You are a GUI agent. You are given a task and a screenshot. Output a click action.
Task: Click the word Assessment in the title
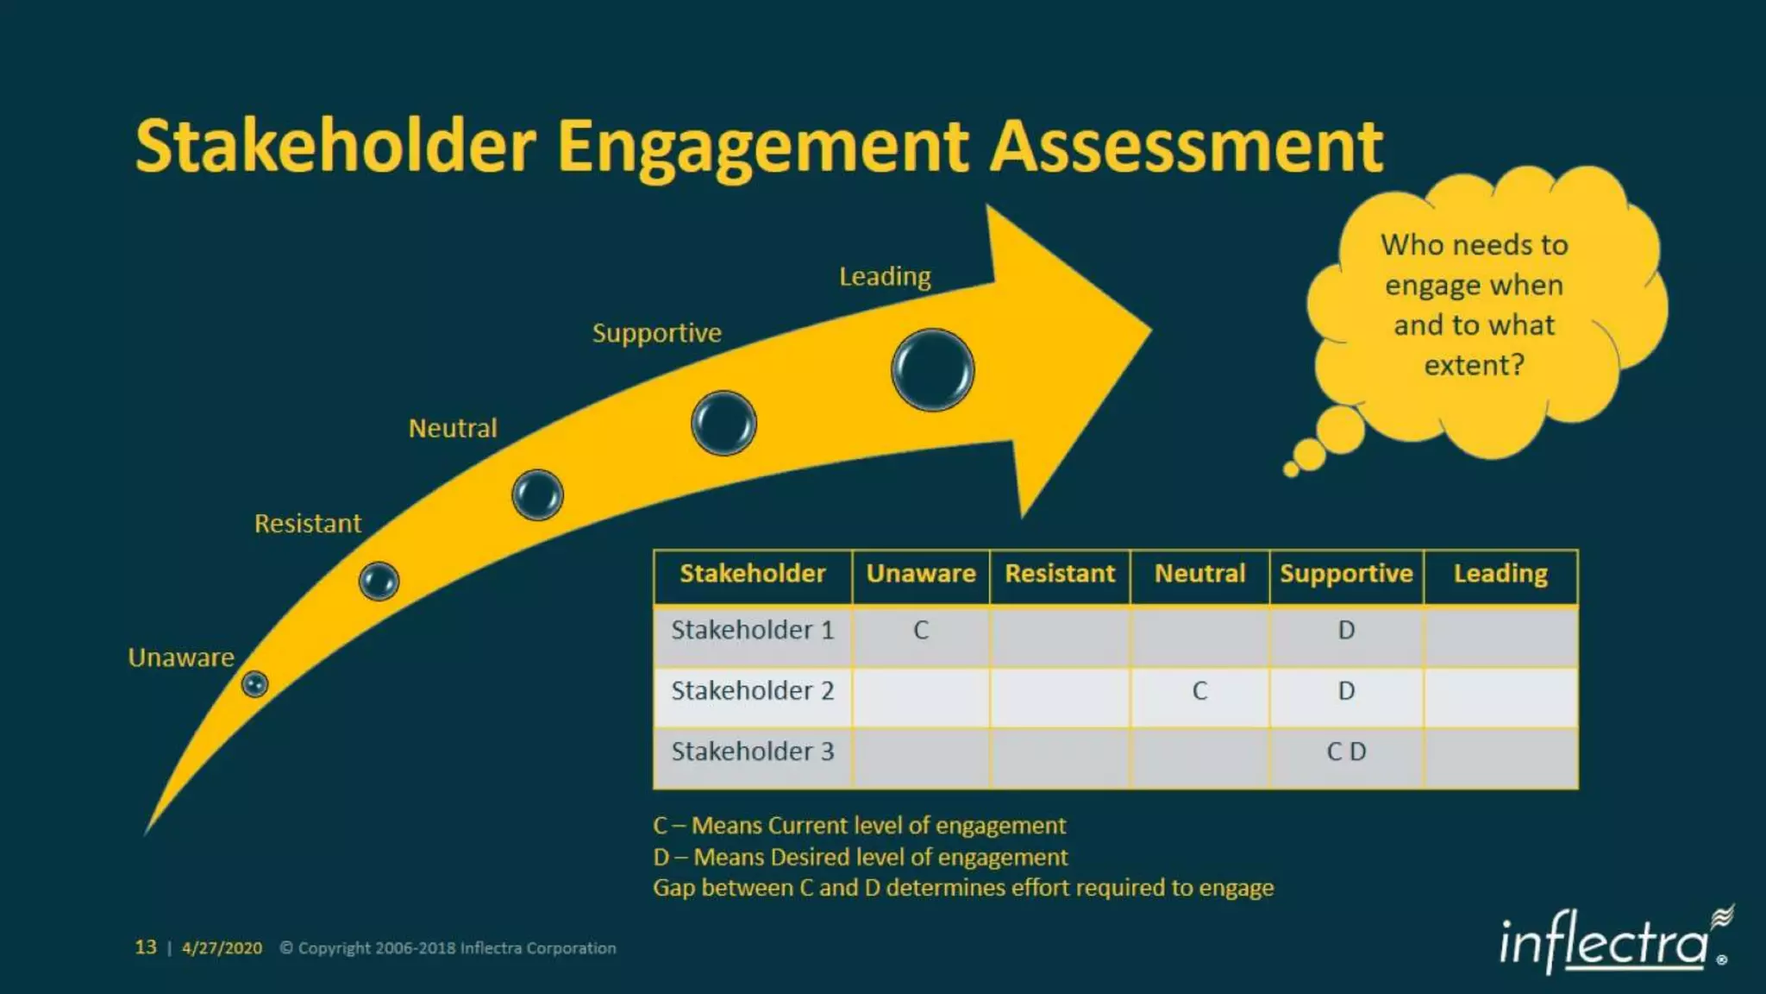pos(1186,147)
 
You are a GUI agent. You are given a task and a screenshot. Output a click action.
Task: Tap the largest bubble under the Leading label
pos(932,370)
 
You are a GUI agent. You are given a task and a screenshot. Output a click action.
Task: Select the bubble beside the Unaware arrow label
pos(254,684)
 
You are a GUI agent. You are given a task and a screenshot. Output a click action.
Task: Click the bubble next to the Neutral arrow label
pos(537,495)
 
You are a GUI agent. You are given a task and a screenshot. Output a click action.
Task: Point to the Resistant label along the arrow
pos(307,524)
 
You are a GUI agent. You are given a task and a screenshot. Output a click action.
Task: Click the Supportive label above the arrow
pos(656,333)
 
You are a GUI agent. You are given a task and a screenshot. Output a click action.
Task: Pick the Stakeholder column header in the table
pos(752,574)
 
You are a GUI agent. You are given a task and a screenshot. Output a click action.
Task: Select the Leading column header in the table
pos(1500,574)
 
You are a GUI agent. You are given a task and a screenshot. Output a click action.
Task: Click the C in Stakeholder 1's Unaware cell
pos(921,631)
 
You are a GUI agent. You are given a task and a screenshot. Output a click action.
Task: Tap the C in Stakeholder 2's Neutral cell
pos(1199,691)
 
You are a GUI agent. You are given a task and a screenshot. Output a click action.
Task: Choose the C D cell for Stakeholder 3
pos(1345,752)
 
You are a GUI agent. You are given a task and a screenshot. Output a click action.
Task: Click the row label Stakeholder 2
pos(752,691)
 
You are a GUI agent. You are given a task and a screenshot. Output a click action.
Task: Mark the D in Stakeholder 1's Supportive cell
pos(1345,631)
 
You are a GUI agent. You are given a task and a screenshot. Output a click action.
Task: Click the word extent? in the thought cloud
pos(1474,366)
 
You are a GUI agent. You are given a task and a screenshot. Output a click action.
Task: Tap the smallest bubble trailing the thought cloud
pos(1291,469)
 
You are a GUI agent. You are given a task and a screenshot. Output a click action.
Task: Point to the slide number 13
pos(146,947)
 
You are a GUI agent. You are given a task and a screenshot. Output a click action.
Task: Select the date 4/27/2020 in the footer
pos(222,948)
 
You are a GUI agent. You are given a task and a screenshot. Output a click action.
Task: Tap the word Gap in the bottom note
pos(673,888)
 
